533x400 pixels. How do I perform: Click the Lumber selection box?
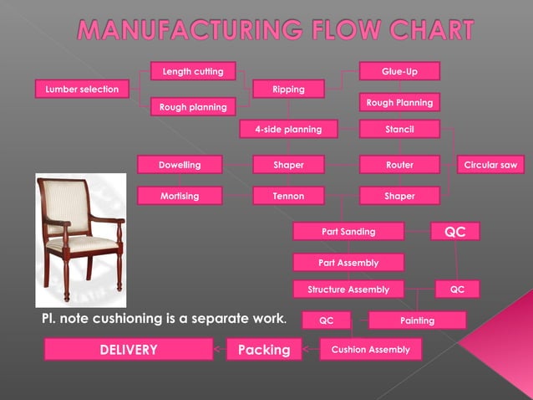point(82,88)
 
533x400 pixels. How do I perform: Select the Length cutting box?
point(192,71)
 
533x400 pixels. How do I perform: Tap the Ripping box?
point(288,89)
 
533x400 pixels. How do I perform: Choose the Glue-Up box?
point(399,71)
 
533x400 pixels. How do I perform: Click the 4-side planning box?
point(287,129)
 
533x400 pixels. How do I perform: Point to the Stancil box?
point(399,129)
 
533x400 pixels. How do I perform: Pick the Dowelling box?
point(180,165)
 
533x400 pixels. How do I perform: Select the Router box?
point(399,165)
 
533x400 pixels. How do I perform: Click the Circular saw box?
point(490,165)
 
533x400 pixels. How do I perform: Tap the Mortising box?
point(180,196)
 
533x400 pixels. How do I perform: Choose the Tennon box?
point(287,196)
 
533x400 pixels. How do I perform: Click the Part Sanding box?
point(348,231)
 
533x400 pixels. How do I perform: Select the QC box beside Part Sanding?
point(455,232)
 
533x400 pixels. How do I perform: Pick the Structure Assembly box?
point(348,290)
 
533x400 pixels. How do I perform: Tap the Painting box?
point(417,321)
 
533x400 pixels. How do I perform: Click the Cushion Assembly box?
point(370,349)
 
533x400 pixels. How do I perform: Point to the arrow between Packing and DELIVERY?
point(219,349)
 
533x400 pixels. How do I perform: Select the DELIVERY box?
point(129,349)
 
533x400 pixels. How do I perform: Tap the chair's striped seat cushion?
point(81,242)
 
